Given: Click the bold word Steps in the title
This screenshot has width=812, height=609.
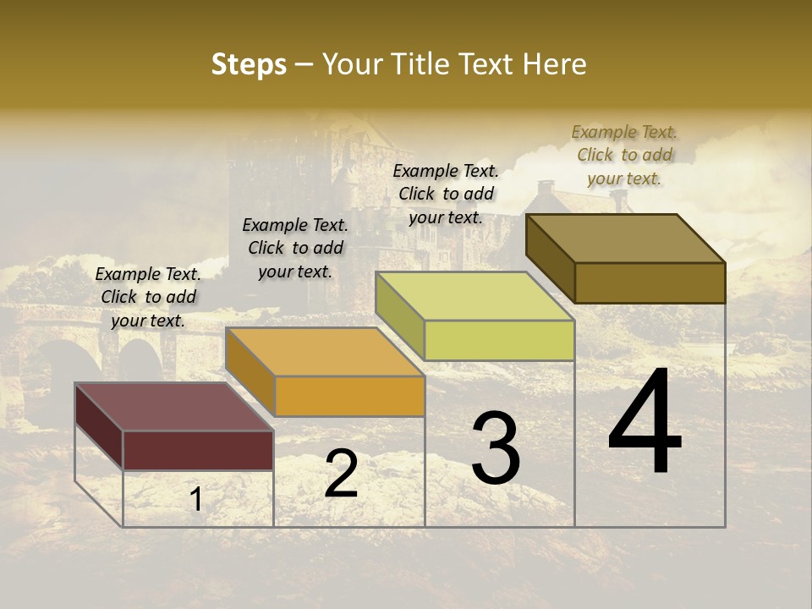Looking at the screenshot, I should click(x=249, y=64).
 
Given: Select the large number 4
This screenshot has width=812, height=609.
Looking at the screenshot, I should click(x=645, y=422).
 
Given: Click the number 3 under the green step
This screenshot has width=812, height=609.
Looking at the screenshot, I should click(x=496, y=448).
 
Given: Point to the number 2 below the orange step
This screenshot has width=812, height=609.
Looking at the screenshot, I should click(x=341, y=474).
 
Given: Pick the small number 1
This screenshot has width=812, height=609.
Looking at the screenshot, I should click(x=196, y=499).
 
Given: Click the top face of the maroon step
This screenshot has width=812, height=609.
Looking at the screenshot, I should click(x=173, y=407).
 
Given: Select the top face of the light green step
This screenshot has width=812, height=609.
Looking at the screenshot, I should click(x=475, y=296).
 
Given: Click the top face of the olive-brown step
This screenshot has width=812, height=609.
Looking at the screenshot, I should click(x=625, y=239).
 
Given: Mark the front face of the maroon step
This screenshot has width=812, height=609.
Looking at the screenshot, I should click(x=198, y=450).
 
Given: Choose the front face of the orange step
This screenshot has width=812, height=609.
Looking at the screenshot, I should click(x=349, y=396).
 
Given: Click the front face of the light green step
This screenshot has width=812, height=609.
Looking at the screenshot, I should click(x=499, y=341).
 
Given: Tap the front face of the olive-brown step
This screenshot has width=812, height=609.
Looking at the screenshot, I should click(x=650, y=283).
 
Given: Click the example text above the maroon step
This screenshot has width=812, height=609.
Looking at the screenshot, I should click(x=148, y=297).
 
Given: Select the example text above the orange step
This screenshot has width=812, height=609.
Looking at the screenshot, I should click(x=295, y=248).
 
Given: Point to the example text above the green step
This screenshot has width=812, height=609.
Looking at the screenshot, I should click(x=446, y=194).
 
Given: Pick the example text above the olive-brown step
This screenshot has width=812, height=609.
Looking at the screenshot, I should click(x=624, y=155).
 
